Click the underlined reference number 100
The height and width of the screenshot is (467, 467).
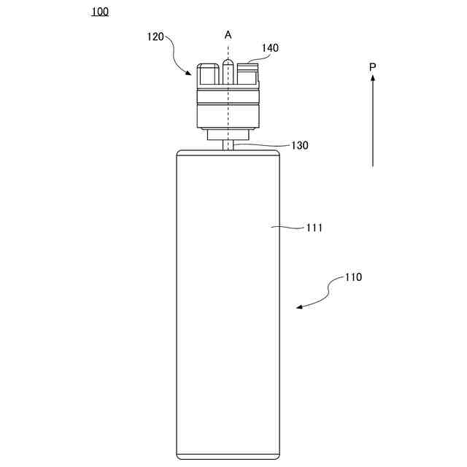[100, 12]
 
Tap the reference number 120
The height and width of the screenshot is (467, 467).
[155, 37]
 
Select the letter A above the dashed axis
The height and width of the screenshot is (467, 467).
[228, 35]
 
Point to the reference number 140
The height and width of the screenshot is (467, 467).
[270, 48]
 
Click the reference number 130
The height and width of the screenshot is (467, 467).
[299, 145]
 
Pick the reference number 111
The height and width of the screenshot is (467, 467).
[314, 228]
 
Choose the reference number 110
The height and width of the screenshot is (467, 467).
[353, 277]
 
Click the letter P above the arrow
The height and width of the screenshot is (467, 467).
[372, 67]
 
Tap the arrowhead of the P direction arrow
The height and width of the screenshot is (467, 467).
[373, 78]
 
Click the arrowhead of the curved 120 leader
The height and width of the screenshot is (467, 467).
[188, 72]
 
